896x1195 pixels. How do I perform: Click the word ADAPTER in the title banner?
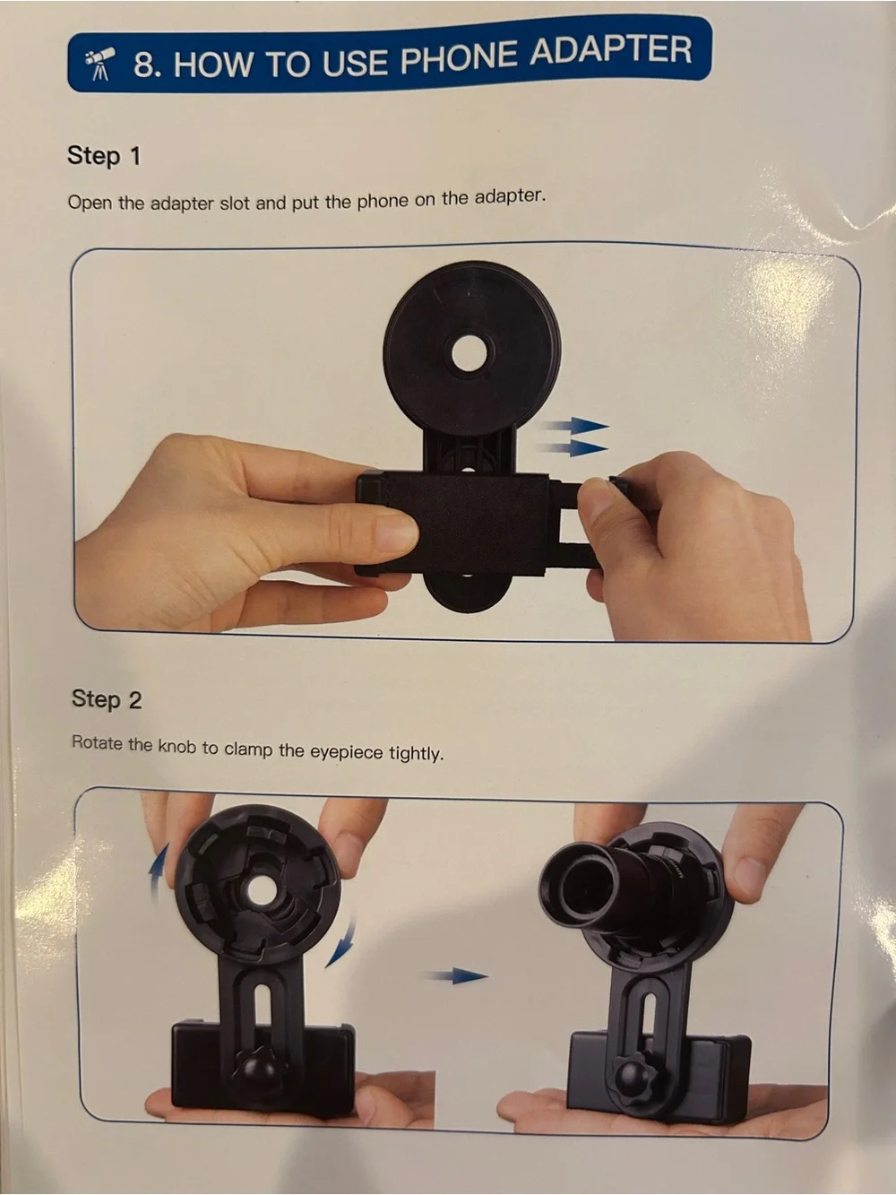tap(610, 54)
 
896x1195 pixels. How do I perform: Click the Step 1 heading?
tap(104, 156)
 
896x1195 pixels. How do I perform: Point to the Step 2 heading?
tap(107, 699)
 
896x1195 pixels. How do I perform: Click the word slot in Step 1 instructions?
tap(235, 203)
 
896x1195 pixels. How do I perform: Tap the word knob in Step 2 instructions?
tap(177, 746)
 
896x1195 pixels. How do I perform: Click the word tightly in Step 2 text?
tap(416, 754)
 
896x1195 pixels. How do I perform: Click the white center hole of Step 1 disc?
tap(471, 354)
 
